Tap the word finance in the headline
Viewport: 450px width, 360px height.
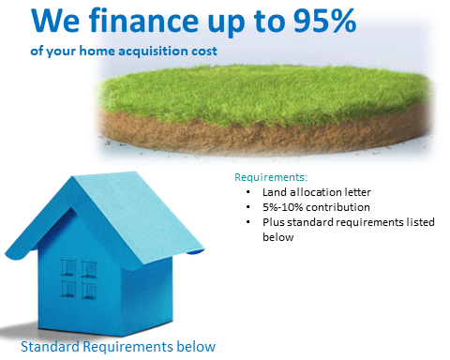coord(135,20)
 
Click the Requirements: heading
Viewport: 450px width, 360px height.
coord(270,177)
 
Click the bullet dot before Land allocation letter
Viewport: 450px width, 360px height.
coord(247,193)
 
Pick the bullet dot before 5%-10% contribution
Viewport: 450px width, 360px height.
coord(247,208)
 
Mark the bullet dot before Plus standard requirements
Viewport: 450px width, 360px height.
coord(247,223)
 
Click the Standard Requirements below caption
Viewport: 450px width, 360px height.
coord(117,347)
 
